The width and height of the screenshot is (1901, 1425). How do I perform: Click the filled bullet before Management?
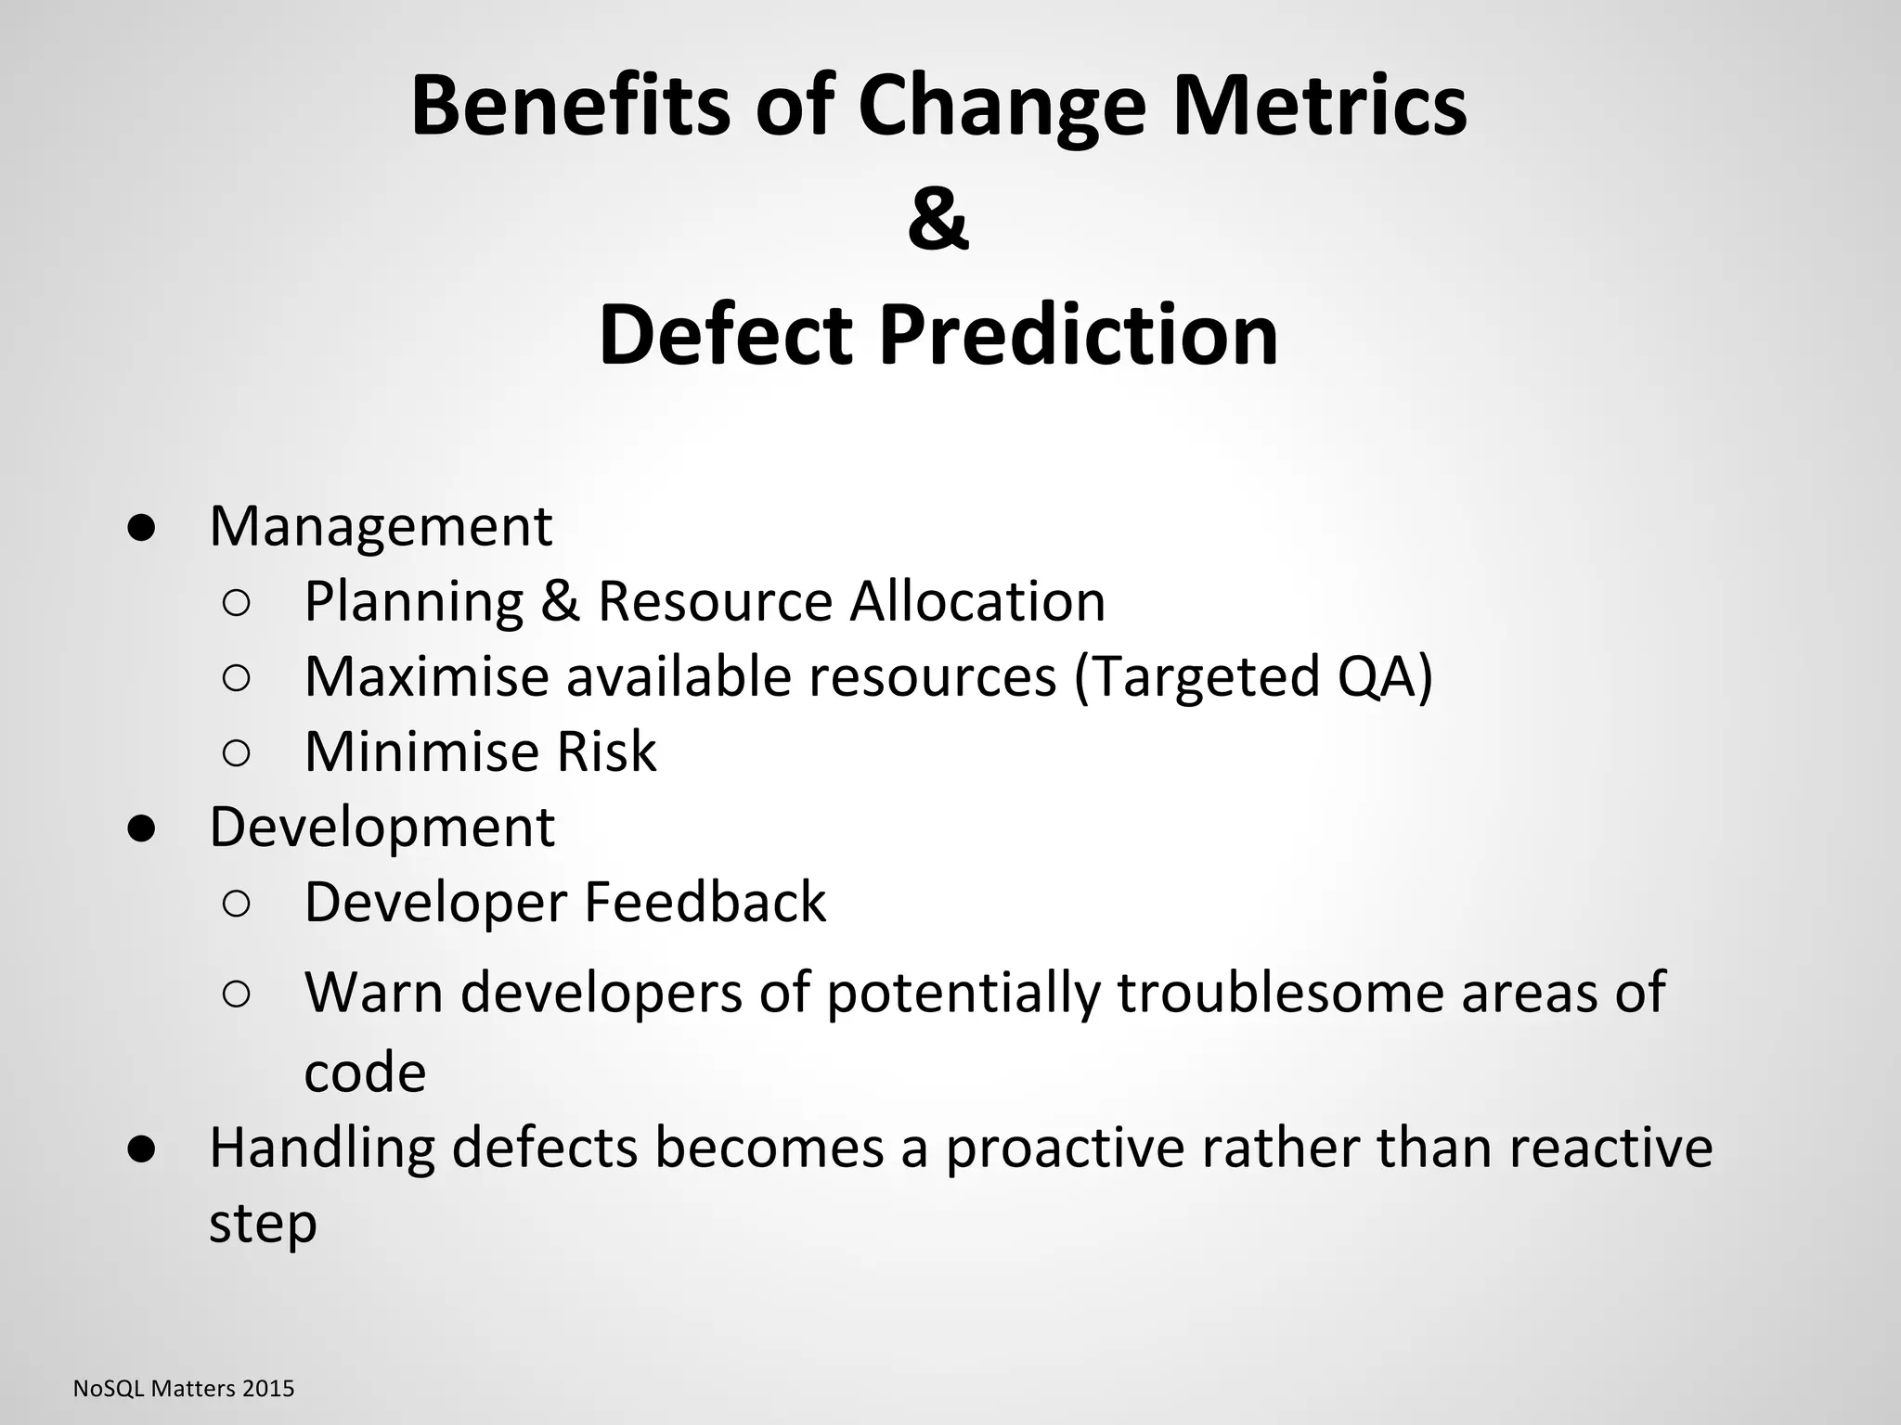pos(141,528)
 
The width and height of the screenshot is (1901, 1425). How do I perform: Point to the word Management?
pos(381,527)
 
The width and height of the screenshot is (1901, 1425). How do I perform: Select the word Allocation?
pos(977,601)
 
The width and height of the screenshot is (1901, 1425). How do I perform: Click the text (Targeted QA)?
pos(1253,676)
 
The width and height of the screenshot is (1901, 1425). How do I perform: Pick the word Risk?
pos(606,751)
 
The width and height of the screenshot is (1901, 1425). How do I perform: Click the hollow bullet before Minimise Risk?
pos(237,753)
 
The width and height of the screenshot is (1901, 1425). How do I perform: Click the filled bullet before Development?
pos(141,828)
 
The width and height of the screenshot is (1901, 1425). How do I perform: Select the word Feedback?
pos(705,902)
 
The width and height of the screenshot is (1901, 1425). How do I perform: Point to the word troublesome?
pos(1280,993)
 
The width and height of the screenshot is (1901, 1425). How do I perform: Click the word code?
pos(365,1073)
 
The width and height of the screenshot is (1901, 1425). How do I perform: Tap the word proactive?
pos(1065,1148)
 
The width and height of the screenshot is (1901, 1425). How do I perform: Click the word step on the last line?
pos(263,1224)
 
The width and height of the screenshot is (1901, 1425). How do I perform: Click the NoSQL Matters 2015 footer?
pos(184,1389)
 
